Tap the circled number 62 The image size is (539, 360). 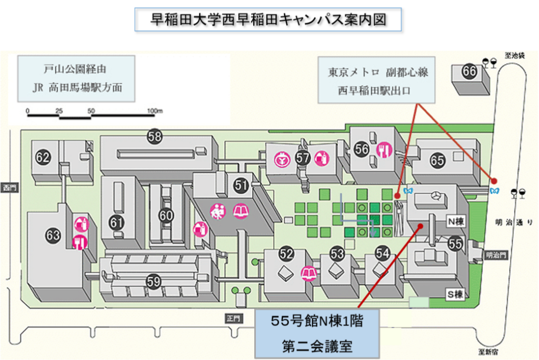43,156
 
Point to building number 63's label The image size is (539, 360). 53,236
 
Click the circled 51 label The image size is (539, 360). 242,185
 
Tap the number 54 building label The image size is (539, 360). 383,254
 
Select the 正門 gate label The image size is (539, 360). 233,319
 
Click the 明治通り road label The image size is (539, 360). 518,223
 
